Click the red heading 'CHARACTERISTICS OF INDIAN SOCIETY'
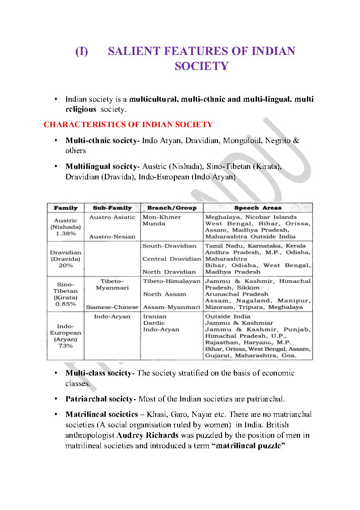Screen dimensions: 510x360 (x=128, y=124)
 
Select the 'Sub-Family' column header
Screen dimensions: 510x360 (x=112, y=208)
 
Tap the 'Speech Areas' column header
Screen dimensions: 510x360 (x=257, y=208)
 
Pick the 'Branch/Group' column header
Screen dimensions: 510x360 (x=172, y=208)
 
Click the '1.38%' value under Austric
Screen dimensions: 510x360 (x=66, y=233)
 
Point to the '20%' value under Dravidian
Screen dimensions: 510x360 (x=66, y=265)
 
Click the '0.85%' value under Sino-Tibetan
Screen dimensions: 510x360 (x=66, y=304)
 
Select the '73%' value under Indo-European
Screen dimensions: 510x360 (x=66, y=346)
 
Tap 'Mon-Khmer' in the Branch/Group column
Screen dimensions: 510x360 (x=162, y=217)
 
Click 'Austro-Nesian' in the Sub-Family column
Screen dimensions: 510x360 (x=112, y=237)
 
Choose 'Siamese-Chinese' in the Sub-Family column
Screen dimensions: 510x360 (x=112, y=307)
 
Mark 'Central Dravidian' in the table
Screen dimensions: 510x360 (x=172, y=259)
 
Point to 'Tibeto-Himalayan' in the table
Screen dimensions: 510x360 (x=172, y=282)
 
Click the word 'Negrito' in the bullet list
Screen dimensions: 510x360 (x=279, y=141)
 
